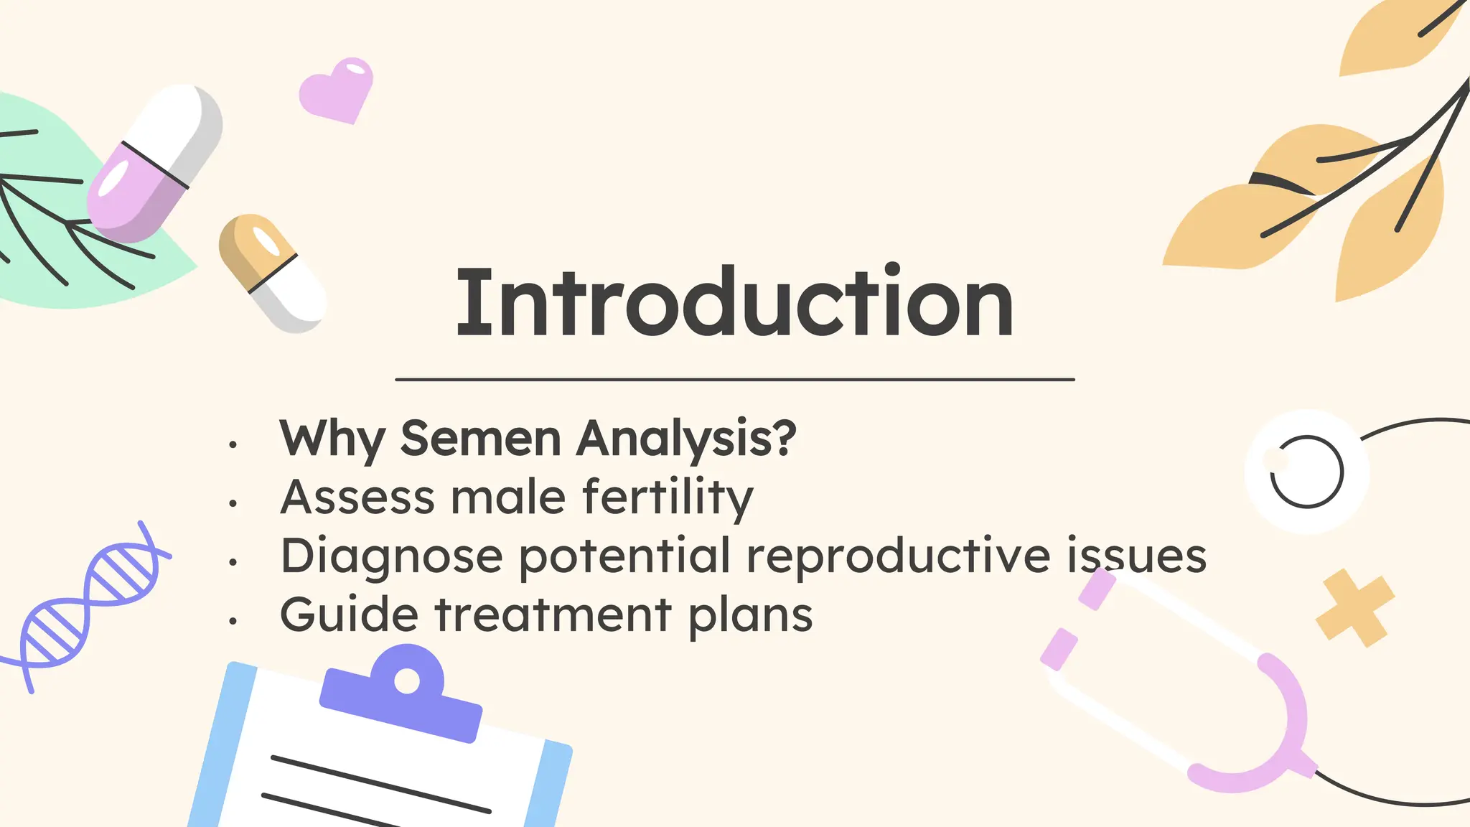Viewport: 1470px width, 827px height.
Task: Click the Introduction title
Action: [735, 303]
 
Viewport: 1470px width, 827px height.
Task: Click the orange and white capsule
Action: [271, 274]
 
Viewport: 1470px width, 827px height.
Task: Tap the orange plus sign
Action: [1354, 608]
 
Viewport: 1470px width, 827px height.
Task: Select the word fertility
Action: [668, 498]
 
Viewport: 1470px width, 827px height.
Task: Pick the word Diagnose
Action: [391, 557]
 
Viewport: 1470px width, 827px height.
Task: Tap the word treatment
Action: [553, 615]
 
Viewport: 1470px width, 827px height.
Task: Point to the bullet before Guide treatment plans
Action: [233, 621]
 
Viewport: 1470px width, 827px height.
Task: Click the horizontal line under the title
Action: [735, 379]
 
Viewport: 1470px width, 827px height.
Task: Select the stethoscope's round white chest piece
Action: [1306, 472]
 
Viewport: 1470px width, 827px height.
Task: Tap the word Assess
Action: [357, 497]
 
